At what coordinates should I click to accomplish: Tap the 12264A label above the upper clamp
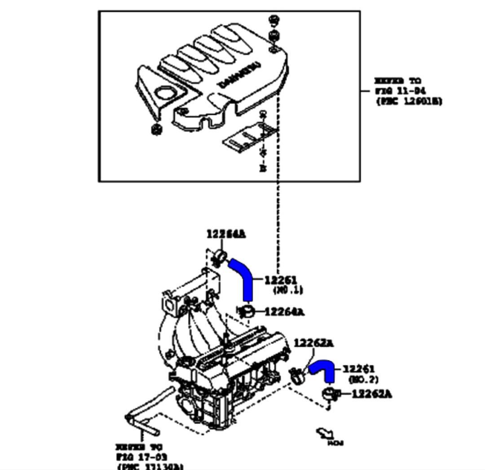coord(226,234)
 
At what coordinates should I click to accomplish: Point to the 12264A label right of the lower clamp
coord(284,311)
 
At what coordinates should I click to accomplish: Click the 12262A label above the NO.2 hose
coord(313,343)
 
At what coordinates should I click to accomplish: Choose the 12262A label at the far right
coord(371,394)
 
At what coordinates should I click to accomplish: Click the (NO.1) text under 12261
coord(288,290)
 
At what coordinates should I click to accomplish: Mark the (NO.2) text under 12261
coord(363,379)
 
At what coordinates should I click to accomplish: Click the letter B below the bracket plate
coord(263,168)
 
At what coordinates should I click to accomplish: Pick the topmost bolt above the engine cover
coord(273,20)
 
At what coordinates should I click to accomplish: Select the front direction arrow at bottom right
coord(326,434)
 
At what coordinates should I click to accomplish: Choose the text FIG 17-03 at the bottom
coord(139,457)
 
